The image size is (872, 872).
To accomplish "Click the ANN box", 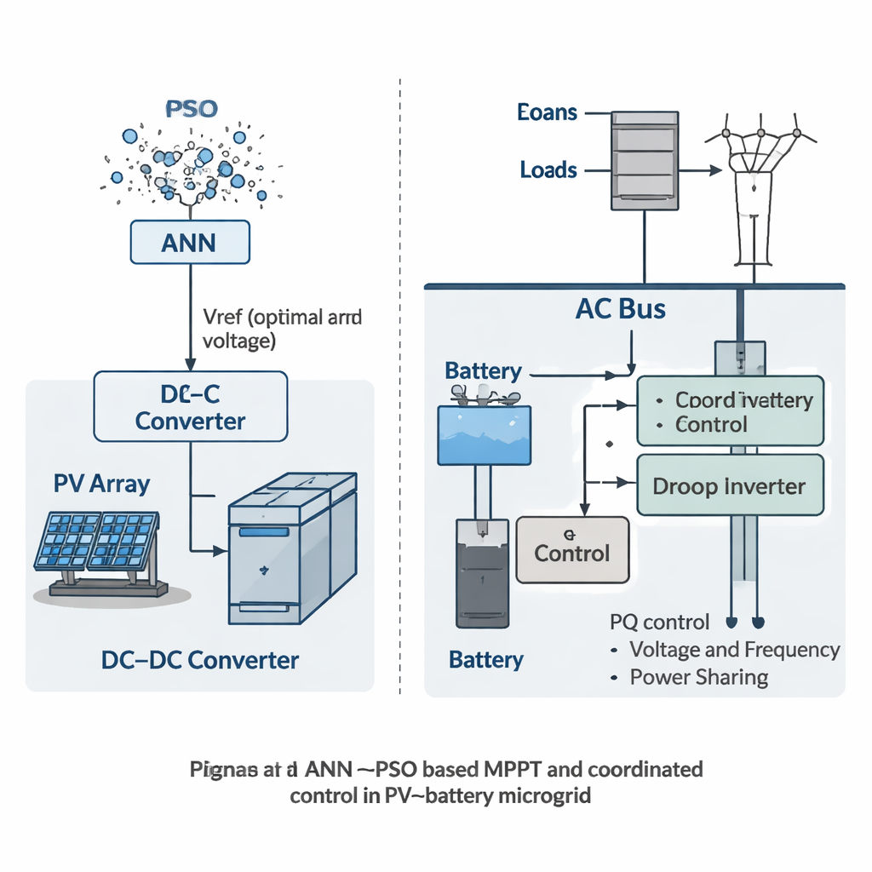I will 189,242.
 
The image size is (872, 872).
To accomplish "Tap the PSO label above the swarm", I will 191,110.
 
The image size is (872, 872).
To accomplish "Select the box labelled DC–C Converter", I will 190,406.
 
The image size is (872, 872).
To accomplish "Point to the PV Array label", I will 101,485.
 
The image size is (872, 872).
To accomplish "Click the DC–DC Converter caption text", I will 200,660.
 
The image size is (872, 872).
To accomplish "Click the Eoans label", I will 547,112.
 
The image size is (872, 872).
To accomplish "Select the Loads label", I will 548,170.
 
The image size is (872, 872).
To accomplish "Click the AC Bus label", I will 620,309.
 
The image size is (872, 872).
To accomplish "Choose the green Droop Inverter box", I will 730,485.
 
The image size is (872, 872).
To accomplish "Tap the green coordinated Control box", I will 730,411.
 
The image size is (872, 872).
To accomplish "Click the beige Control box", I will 572,550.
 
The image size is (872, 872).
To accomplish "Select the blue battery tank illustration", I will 484,434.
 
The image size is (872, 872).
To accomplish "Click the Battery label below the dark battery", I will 486,660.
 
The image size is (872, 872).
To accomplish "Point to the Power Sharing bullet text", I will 698,678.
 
